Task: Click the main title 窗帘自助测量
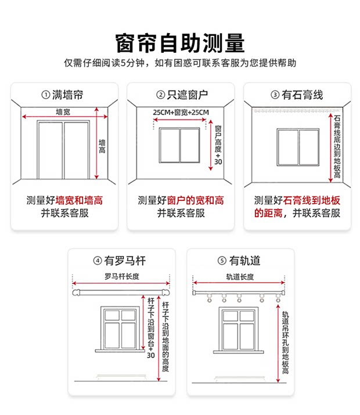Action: (180, 42)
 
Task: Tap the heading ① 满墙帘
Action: (63, 95)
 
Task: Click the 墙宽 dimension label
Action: (63, 111)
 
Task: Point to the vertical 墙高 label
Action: (102, 146)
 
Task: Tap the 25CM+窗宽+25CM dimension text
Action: (181, 111)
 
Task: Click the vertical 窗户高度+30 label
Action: (218, 145)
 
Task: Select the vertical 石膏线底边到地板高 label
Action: (337, 146)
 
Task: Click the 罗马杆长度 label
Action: (122, 276)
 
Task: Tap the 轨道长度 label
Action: (239, 277)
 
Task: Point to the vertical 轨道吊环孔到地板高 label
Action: (286, 342)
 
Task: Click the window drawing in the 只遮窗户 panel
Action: (179, 146)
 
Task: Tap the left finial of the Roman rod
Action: (75, 294)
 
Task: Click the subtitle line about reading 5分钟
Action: (180, 63)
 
